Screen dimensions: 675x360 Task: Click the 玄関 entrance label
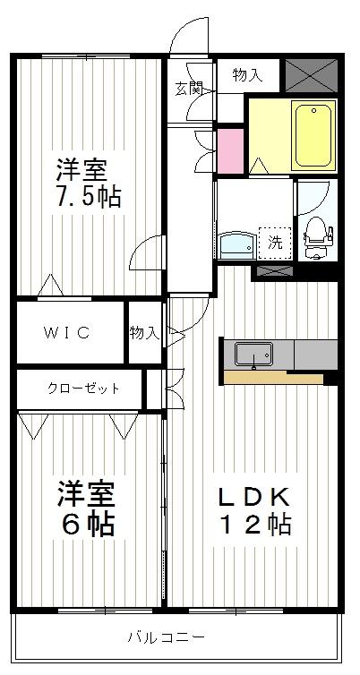189,88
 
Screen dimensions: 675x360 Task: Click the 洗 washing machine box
275,240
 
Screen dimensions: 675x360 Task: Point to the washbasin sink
237,244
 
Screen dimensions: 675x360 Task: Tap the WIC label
68,333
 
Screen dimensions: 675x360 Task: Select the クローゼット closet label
79,389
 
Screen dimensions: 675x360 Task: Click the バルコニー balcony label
166,637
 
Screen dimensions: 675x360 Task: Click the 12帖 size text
255,525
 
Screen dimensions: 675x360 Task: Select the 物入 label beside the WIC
143,333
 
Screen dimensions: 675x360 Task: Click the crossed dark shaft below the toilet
274,269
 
